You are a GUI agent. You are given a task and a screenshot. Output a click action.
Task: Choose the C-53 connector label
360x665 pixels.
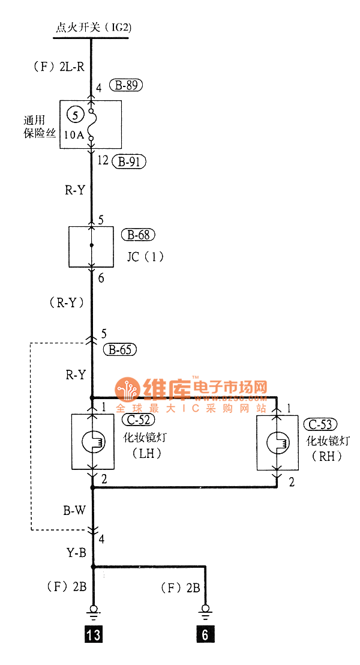[x=318, y=424]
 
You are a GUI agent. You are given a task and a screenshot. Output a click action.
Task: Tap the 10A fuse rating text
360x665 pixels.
[x=74, y=135]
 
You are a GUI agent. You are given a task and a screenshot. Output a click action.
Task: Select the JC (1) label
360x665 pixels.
[x=145, y=257]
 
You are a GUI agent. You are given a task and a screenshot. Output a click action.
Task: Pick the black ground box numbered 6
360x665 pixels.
[x=205, y=634]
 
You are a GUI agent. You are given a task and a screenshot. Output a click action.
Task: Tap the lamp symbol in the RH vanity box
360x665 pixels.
[x=278, y=445]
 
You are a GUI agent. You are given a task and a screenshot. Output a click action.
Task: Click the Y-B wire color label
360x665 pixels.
[x=76, y=553]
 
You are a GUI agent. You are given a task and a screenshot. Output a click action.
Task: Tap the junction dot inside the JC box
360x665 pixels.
[x=91, y=245]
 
